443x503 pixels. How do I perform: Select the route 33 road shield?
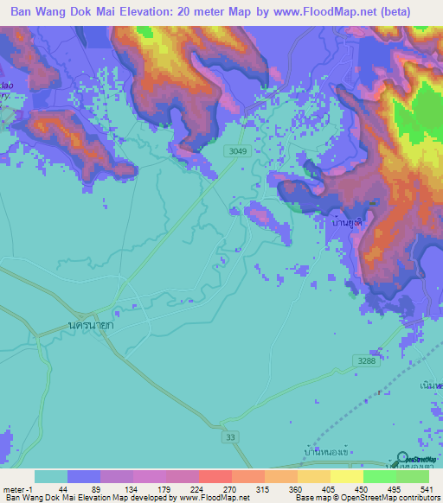[x=230, y=436]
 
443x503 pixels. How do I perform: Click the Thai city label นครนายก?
[x=93, y=325]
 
